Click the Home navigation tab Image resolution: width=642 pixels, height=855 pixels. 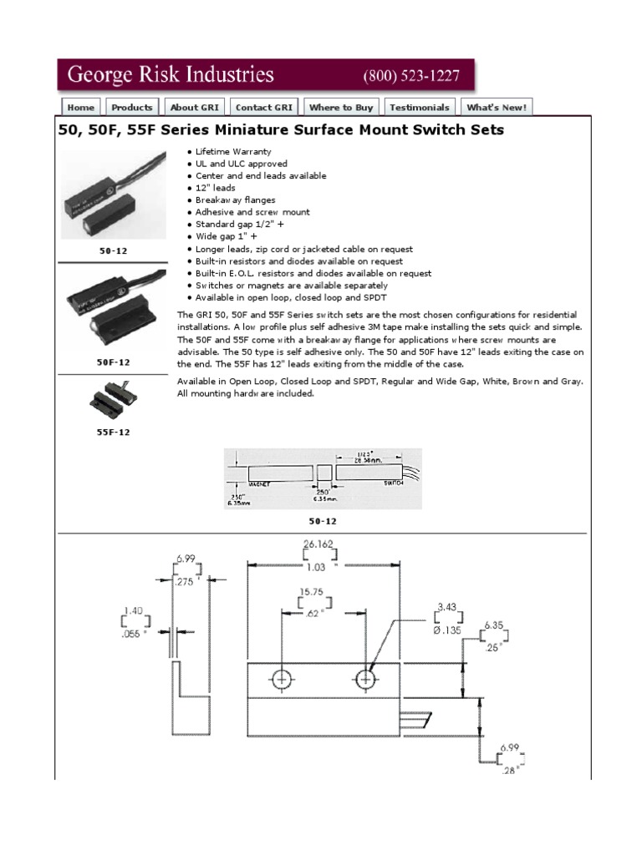80,107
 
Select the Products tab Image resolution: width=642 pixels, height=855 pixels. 132,107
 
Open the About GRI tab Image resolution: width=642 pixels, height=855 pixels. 195,107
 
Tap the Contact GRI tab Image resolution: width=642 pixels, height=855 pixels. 264,107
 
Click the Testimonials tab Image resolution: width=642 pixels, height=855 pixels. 420,107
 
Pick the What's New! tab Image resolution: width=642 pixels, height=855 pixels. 497,107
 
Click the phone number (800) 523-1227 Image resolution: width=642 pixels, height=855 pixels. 411,76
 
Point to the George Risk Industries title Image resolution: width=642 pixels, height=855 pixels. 171,75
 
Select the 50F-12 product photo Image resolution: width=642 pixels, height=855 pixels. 113,311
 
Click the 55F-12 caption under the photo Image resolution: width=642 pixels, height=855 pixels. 113,433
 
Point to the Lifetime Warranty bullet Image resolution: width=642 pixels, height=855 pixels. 233,152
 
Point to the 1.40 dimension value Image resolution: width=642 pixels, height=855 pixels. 135,611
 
